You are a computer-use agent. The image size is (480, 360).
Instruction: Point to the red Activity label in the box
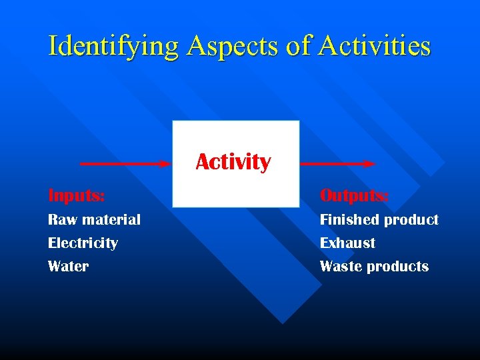233,162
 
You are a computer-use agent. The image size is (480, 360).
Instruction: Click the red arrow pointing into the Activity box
123,163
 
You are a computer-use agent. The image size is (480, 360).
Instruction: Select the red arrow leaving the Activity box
337,163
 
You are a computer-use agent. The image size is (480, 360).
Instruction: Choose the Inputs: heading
76,195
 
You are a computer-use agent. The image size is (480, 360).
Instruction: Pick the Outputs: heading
354,195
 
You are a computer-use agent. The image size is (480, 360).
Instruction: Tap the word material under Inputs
110,219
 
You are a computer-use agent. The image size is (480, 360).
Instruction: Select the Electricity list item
83,243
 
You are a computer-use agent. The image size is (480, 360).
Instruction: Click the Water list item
68,266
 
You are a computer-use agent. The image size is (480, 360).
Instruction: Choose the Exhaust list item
347,243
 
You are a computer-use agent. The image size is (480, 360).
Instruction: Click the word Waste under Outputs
341,266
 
